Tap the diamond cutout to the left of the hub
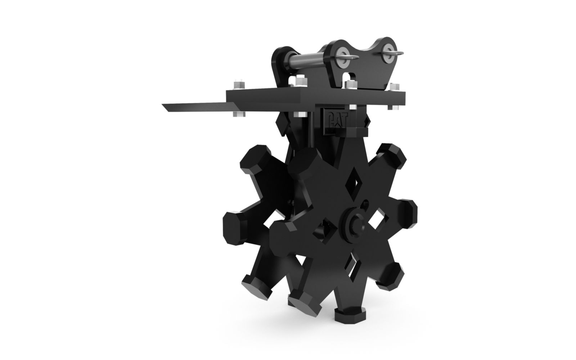pos(325,230)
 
